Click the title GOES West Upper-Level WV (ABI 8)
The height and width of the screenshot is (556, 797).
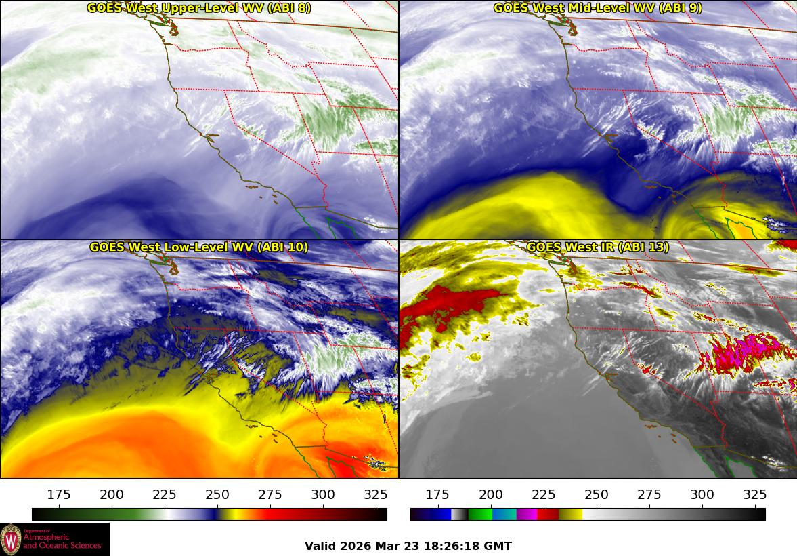[199, 8]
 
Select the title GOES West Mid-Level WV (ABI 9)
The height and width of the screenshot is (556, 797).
[597, 8]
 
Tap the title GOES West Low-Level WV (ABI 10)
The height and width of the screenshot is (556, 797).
[199, 247]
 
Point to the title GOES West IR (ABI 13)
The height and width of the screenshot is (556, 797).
[597, 247]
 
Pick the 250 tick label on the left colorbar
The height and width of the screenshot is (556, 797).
[217, 494]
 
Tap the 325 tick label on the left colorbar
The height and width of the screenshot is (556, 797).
[375, 494]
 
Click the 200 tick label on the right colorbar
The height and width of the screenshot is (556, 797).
[490, 494]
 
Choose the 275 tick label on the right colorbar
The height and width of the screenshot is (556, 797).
[649, 494]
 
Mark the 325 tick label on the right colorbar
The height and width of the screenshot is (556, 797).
[754, 494]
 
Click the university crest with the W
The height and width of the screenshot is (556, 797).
[11, 539]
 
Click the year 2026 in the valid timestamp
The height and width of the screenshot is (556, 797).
[354, 546]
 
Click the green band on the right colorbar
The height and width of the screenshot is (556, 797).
[480, 514]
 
